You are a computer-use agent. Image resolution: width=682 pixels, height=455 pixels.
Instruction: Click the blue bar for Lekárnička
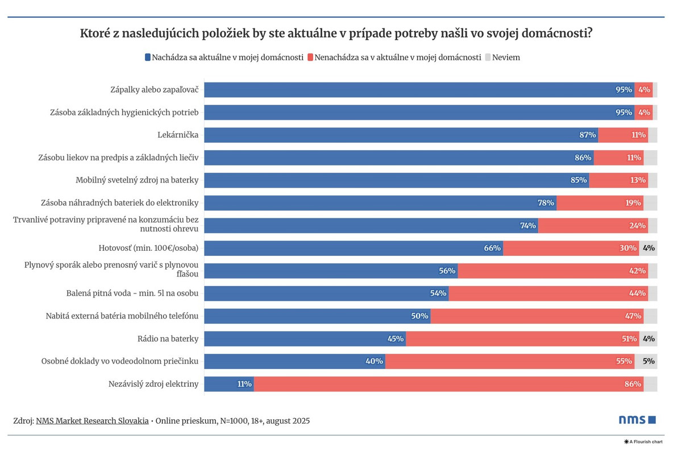(x=398, y=135)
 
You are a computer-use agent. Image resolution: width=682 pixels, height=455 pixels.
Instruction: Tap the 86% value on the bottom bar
(x=633, y=384)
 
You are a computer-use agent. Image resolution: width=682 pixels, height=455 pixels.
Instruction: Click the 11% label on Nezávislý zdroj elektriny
(x=244, y=384)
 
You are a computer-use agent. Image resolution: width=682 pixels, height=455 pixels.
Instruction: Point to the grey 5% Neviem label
(x=648, y=361)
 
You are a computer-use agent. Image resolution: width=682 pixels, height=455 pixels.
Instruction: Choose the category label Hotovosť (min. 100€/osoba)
(x=148, y=248)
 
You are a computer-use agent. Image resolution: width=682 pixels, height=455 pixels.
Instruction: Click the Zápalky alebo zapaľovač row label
(x=154, y=90)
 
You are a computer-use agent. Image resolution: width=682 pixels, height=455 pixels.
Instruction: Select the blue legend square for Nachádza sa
(x=148, y=57)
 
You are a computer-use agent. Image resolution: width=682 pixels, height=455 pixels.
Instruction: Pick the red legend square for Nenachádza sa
(x=310, y=57)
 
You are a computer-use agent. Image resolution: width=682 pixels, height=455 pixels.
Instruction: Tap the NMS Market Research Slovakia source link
(x=92, y=421)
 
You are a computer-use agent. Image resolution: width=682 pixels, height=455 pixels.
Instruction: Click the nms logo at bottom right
(x=637, y=420)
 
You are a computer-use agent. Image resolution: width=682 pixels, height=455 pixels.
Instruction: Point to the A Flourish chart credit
(x=645, y=441)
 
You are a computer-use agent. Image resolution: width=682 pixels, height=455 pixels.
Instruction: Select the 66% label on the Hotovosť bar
(x=492, y=248)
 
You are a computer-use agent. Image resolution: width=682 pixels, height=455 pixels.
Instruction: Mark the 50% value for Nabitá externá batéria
(x=419, y=316)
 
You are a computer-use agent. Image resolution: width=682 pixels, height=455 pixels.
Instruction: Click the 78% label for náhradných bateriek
(x=545, y=202)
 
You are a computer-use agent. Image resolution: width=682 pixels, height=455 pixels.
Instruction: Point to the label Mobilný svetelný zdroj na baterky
(x=137, y=180)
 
